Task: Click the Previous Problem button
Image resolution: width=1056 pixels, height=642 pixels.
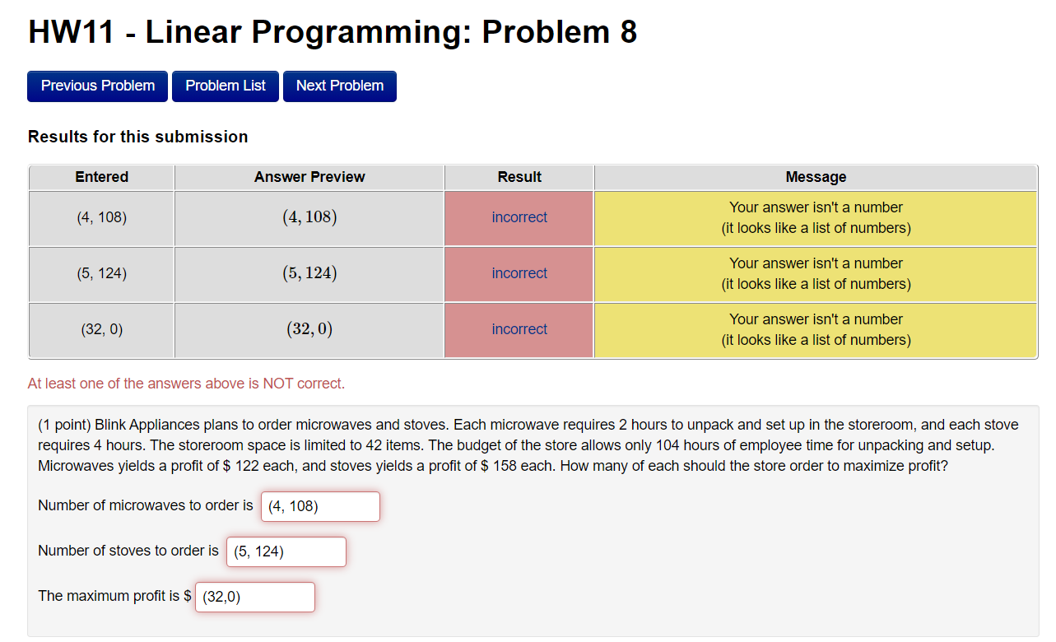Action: point(97,86)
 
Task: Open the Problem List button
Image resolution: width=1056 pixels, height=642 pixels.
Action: point(226,86)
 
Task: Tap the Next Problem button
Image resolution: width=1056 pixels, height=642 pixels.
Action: point(339,86)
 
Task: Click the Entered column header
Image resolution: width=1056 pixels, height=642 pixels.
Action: point(101,177)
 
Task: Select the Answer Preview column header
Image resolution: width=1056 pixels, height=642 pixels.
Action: point(309,177)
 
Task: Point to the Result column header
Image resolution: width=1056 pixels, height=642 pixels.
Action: point(519,177)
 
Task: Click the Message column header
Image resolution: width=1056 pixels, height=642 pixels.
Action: point(816,177)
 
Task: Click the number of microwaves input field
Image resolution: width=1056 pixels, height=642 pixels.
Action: point(320,506)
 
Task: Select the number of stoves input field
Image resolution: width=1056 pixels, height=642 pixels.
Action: point(286,551)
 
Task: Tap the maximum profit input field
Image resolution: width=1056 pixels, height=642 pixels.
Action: point(254,597)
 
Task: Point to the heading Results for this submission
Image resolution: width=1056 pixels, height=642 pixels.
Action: point(137,137)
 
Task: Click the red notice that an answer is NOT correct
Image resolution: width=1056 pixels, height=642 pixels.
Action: point(186,384)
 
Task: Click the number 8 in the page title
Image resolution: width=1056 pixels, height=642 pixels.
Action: point(627,32)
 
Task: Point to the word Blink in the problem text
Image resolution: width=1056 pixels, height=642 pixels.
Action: point(111,426)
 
